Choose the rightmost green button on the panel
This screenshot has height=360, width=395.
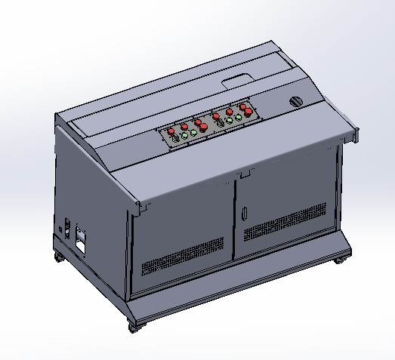click(x=239, y=118)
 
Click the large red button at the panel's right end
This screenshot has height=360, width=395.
click(x=247, y=112)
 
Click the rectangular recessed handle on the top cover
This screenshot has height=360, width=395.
click(x=236, y=78)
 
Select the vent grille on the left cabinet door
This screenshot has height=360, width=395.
click(x=183, y=256)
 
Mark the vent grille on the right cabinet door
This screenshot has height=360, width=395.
click(x=285, y=220)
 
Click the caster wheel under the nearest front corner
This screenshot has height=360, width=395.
click(x=134, y=327)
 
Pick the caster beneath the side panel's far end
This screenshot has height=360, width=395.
click(x=59, y=258)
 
